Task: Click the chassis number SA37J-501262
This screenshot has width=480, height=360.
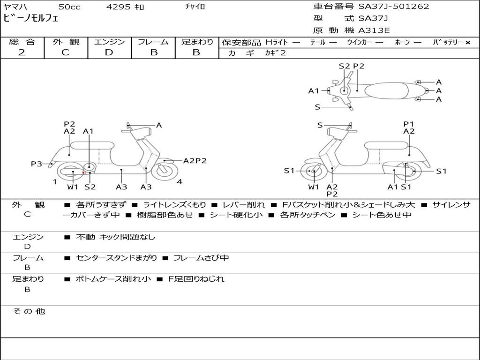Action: (x=394, y=7)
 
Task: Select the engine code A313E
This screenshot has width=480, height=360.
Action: (x=374, y=31)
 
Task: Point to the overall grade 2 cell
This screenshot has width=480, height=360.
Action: (x=22, y=52)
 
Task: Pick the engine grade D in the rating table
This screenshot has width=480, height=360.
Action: (x=109, y=52)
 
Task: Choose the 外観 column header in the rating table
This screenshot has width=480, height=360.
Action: (x=66, y=42)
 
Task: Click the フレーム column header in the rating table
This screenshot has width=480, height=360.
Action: (x=153, y=42)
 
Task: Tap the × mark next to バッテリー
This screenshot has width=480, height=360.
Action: (x=468, y=43)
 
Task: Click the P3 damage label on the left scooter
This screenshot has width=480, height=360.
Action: (x=37, y=164)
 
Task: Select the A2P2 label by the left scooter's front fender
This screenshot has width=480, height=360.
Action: (x=195, y=161)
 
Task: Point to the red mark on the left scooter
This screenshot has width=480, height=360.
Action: (x=83, y=173)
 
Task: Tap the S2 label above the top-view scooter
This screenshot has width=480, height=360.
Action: (x=344, y=66)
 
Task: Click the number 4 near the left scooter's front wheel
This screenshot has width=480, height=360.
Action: (x=180, y=182)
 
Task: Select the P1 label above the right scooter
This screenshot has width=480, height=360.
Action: (x=409, y=124)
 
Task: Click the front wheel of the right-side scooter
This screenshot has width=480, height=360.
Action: (x=313, y=172)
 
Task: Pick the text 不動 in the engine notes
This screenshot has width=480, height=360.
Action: (x=85, y=237)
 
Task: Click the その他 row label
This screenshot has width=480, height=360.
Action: (x=29, y=311)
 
